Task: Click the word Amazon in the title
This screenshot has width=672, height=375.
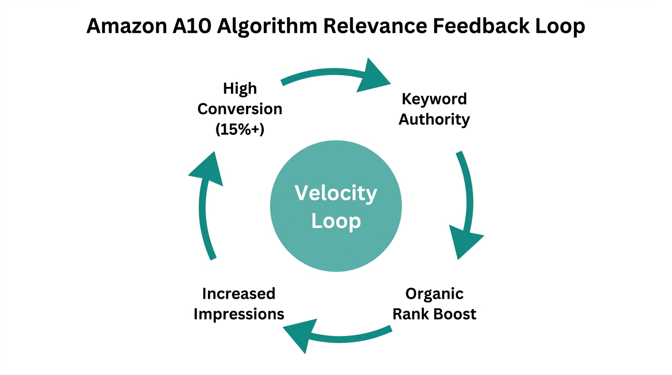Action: pyautogui.click(x=125, y=26)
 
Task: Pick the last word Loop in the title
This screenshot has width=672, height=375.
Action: pyautogui.click(x=556, y=26)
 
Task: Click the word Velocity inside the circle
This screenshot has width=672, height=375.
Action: pyautogui.click(x=336, y=193)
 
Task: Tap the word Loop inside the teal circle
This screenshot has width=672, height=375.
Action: pyautogui.click(x=336, y=221)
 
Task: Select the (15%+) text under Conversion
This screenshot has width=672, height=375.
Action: pyautogui.click(x=240, y=129)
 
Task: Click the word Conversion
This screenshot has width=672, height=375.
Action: pyautogui.click(x=240, y=109)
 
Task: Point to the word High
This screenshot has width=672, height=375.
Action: pyautogui.click(x=240, y=88)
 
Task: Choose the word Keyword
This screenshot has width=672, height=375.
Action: pyautogui.click(x=434, y=99)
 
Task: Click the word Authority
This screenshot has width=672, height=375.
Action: pyautogui.click(x=434, y=119)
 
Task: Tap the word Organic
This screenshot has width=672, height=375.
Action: pyautogui.click(x=434, y=294)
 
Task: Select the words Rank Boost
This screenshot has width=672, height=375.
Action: pyautogui.click(x=434, y=314)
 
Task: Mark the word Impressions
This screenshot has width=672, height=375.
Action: pyautogui.click(x=239, y=314)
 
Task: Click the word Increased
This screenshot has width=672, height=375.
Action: pyautogui.click(x=239, y=294)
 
